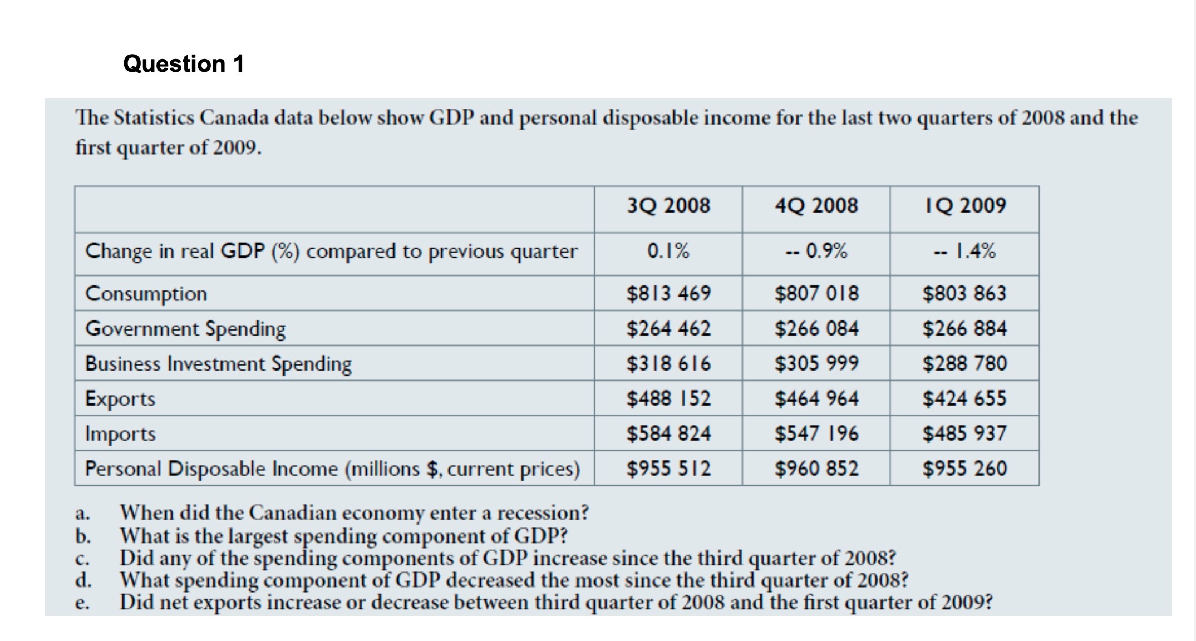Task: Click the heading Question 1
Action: coord(184,63)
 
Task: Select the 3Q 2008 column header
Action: coord(668,205)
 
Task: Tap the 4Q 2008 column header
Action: coord(816,205)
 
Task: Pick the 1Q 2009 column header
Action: coord(965,205)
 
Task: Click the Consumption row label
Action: coord(146,293)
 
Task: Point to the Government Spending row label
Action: coord(185,328)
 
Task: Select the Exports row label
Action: coord(120,398)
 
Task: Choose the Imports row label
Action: coord(120,433)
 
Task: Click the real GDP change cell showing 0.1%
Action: coord(668,251)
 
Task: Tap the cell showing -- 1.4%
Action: coord(965,251)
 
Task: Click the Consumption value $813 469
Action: coord(668,293)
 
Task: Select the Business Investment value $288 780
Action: coord(964,363)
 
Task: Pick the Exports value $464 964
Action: coord(816,398)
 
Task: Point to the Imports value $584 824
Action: coord(668,433)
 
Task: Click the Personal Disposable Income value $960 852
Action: coord(816,469)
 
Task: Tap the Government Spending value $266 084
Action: coord(816,328)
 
